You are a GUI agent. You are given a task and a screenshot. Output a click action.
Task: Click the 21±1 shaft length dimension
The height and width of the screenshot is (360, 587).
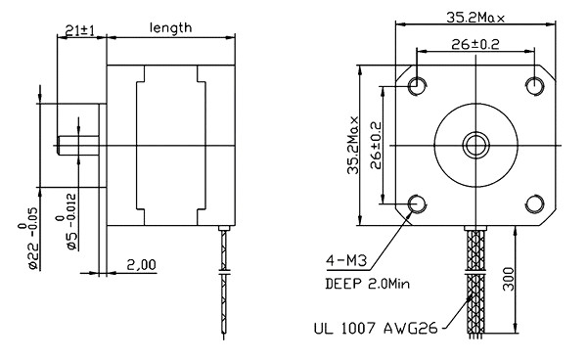click(x=80, y=30)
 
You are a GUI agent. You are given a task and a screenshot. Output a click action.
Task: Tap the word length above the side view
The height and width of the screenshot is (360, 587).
click(x=170, y=28)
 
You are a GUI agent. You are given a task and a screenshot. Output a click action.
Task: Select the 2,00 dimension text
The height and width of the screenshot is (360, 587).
click(x=141, y=265)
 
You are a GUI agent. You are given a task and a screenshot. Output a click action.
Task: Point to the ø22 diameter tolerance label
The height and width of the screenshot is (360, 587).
click(x=28, y=239)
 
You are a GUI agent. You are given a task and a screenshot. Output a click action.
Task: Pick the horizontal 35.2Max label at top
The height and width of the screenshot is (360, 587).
click(x=475, y=18)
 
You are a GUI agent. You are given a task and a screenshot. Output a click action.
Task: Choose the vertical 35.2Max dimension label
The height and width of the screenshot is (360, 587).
click(x=352, y=145)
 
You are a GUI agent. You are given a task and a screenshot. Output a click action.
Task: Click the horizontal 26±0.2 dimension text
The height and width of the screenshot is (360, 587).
click(x=475, y=45)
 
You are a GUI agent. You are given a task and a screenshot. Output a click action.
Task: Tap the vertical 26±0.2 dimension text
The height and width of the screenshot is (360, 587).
click(x=376, y=145)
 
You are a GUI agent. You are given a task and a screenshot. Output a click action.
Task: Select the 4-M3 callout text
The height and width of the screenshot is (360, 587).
click(x=346, y=260)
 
